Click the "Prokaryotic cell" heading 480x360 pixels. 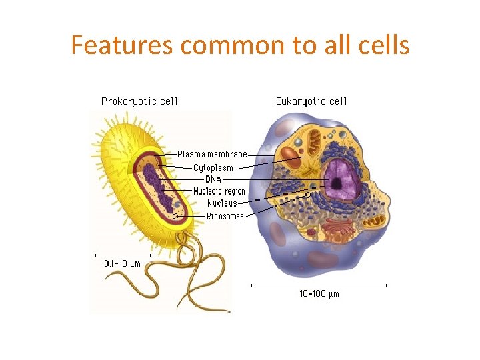[x=139, y=101]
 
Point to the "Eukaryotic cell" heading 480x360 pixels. [x=311, y=101]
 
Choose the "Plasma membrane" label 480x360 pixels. [x=212, y=155]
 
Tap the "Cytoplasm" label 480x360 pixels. [x=213, y=167]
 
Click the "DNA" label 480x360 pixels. [x=213, y=179]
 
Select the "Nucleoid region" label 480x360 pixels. [x=219, y=191]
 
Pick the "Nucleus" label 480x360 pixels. [x=222, y=203]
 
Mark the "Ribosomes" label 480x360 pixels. [x=225, y=216]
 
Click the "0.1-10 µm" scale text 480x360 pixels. [x=123, y=263]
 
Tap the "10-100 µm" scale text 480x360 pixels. [x=318, y=294]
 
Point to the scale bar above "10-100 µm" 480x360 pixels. [x=319, y=286]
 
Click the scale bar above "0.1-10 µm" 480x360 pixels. [x=123, y=255]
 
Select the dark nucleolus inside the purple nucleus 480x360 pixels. [x=337, y=184]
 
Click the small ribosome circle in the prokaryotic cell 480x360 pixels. [x=175, y=216]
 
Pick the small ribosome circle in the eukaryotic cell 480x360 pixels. [x=307, y=195]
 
